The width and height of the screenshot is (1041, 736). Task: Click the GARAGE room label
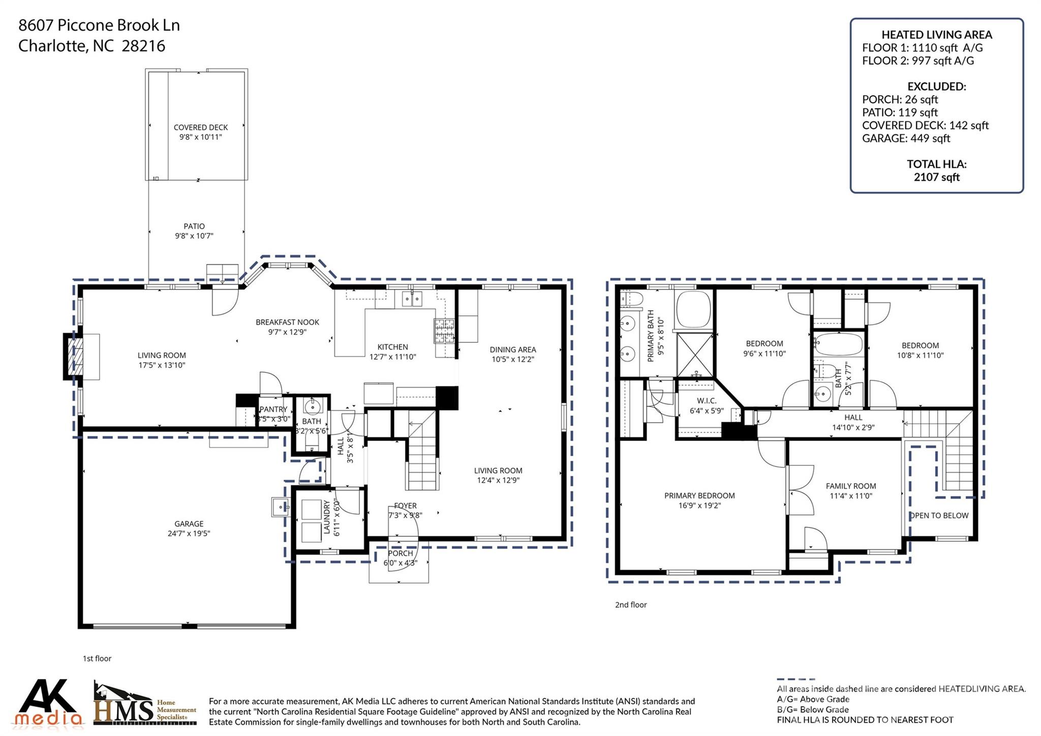189,523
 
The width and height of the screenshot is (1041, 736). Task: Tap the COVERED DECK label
200,127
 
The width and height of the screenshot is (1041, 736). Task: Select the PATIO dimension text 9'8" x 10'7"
194,236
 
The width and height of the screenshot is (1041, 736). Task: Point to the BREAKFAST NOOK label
287,322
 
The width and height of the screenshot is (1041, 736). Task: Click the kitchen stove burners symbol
444,331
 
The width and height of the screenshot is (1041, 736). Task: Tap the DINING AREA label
512,349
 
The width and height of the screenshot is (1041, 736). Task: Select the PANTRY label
273,409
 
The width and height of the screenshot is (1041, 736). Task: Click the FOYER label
405,506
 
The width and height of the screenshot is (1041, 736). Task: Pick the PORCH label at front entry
400,553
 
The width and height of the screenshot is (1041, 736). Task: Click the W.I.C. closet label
707,401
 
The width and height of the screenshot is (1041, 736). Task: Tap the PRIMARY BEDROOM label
699,495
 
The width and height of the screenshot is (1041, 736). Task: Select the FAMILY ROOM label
850,486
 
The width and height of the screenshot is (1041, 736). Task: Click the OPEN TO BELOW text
939,515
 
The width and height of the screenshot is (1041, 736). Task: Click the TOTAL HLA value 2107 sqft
936,177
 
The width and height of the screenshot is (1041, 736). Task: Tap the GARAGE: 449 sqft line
906,138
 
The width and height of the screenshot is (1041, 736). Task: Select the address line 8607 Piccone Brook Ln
99,25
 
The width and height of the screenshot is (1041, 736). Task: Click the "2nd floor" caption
631,605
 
